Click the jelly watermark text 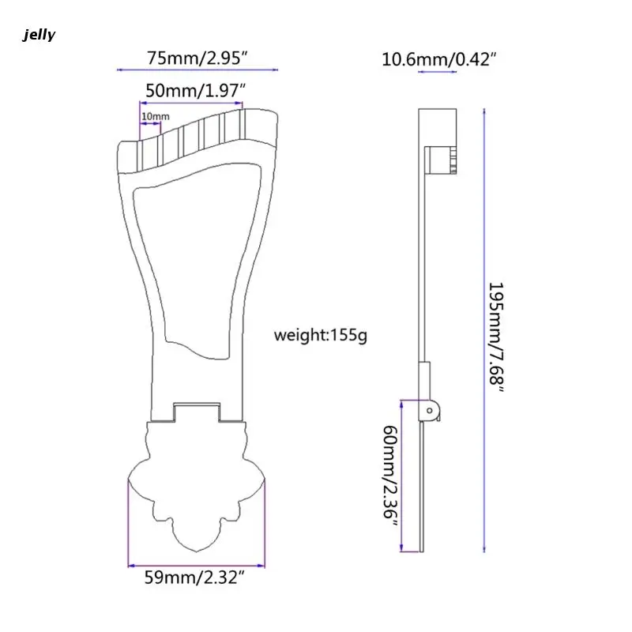point(39,35)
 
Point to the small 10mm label point(155,117)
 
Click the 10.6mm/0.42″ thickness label point(438,58)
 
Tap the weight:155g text point(320,335)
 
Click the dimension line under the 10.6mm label point(437,73)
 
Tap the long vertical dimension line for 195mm point(483,332)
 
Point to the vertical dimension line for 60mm point(403,474)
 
